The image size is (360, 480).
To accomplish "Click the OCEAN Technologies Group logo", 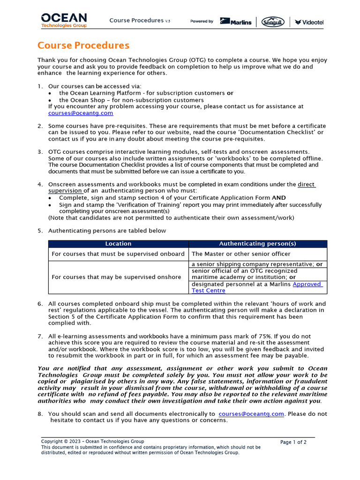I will [64, 20].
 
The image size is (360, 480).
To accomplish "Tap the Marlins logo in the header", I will [236, 22].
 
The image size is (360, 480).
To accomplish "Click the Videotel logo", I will [309, 22].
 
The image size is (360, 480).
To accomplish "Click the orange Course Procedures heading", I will [83, 45].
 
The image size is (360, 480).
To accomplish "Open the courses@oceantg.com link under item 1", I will [81, 113].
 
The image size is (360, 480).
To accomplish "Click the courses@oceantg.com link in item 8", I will [251, 414].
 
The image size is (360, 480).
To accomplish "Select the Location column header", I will [118, 244].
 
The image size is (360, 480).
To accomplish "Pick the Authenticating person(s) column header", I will [257, 244].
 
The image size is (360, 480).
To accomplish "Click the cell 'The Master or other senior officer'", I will [241, 254].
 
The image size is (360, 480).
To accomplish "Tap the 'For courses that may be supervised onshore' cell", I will [116, 277].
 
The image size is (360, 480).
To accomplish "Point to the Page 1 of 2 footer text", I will [293, 442].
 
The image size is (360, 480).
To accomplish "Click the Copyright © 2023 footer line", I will [92, 442].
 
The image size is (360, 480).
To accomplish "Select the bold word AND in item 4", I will [279, 198].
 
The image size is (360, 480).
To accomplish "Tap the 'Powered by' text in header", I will [202, 22].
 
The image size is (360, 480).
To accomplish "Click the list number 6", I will [40, 304].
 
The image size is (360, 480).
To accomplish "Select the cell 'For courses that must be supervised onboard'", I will [118, 254].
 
